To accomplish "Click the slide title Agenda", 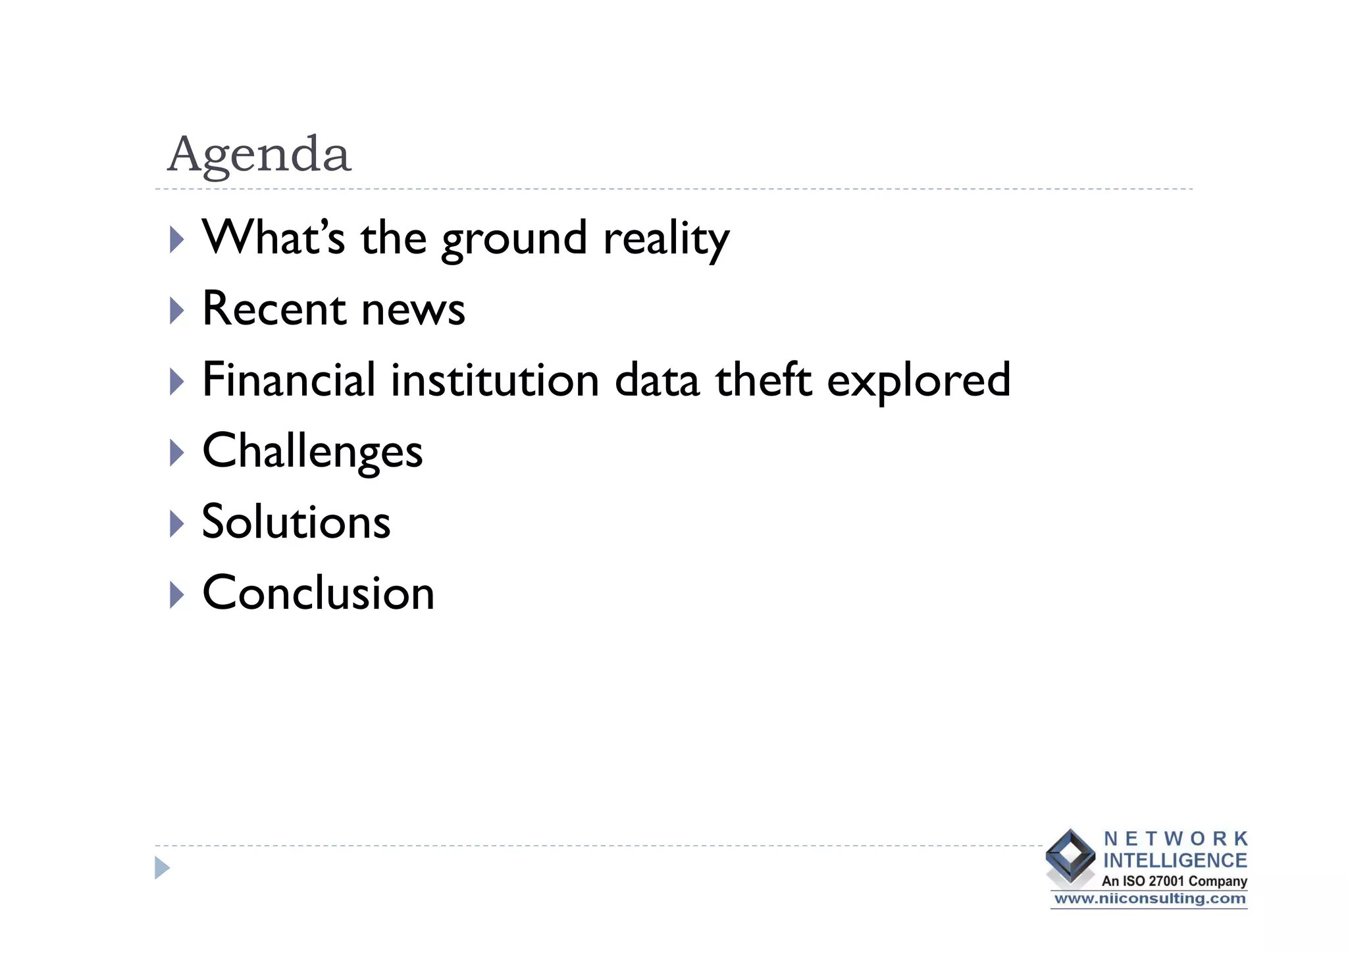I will tap(259, 154).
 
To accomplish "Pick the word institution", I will tap(495, 380).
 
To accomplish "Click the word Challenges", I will tap(312, 451).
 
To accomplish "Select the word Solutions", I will tap(296, 521).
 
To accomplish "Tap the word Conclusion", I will tap(318, 592).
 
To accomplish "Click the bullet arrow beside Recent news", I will tap(176, 310).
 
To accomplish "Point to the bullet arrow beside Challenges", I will tap(176, 453).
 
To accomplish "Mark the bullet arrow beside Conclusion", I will tap(176, 594).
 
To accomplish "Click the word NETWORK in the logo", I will tap(1176, 838).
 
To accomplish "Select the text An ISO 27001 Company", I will tap(1174, 881).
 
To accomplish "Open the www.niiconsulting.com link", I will tap(1149, 899).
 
